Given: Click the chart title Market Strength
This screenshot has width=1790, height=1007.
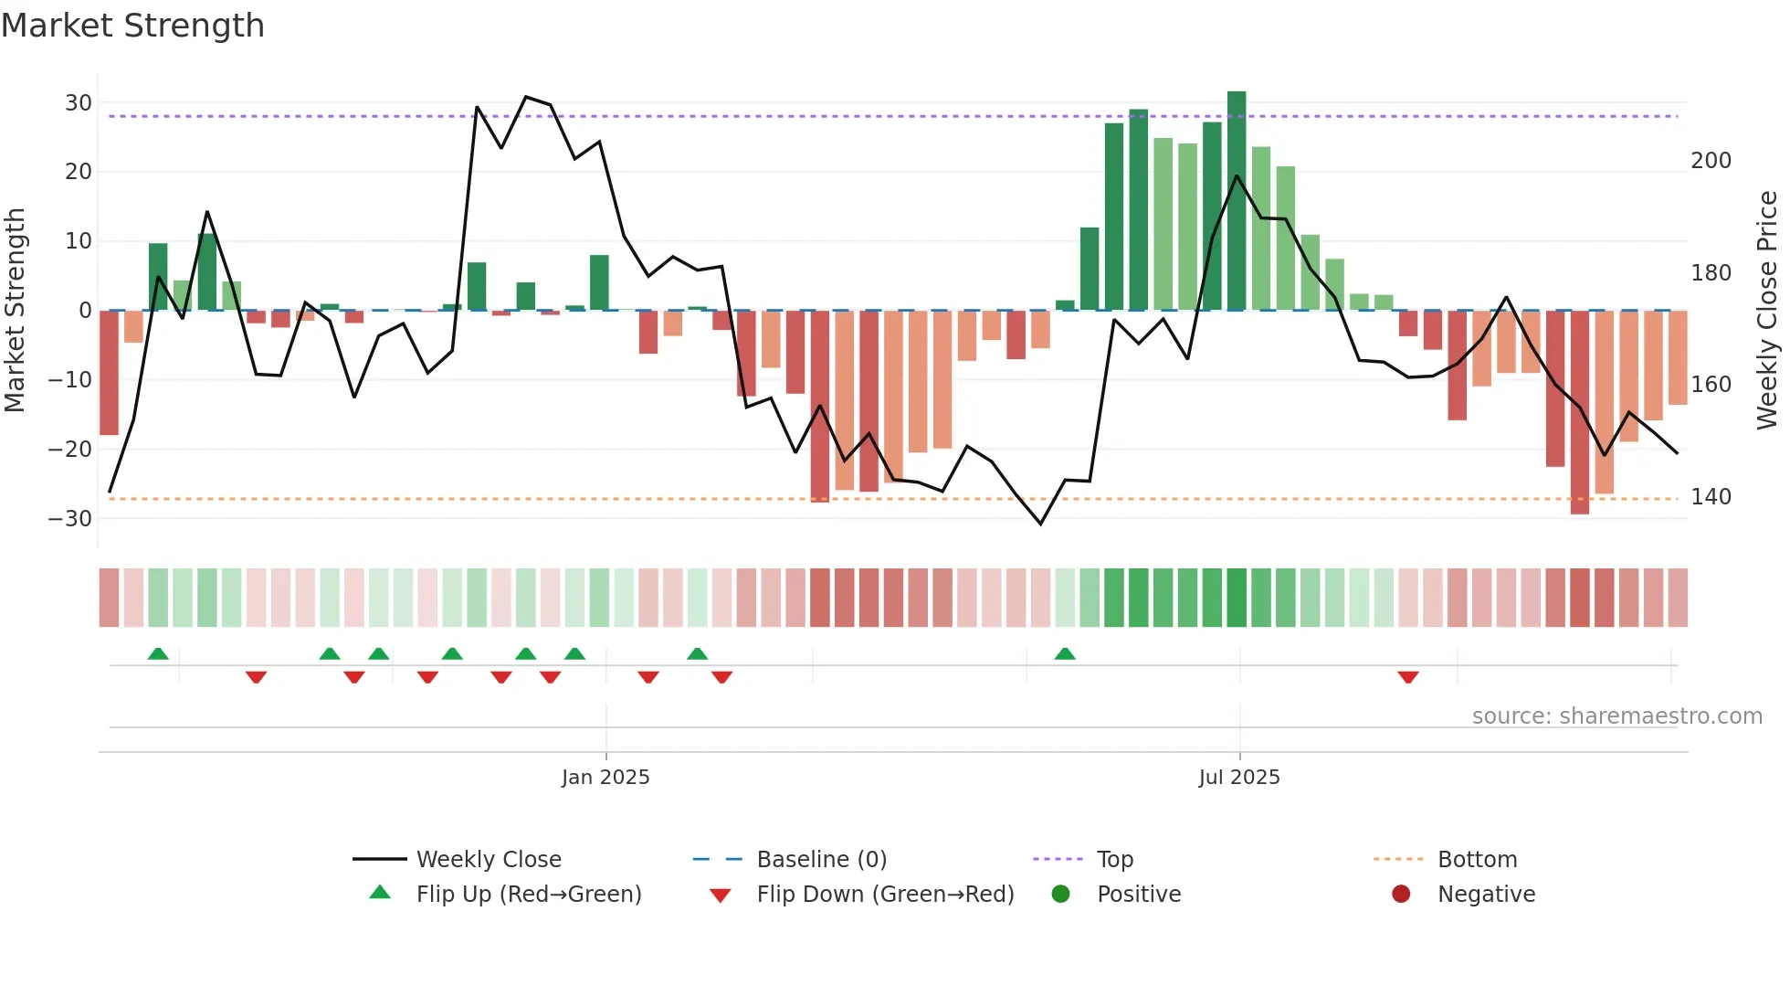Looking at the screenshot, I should click(132, 26).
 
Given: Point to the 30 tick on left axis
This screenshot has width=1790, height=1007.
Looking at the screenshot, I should click(79, 103).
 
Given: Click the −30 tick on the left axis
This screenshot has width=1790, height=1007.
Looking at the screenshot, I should click(70, 519).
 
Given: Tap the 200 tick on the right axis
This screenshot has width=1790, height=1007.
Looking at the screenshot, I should click(1711, 161).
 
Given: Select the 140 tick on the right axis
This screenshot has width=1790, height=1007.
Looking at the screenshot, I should click(1711, 497).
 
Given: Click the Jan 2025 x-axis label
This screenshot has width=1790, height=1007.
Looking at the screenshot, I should click(605, 778).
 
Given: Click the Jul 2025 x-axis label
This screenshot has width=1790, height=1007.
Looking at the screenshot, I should click(1239, 778).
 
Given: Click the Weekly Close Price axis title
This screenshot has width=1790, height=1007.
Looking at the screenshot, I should click(1767, 311).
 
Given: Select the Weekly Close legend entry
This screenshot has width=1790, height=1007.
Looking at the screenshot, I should click(489, 860).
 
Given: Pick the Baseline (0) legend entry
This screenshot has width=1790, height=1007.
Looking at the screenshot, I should click(821, 860).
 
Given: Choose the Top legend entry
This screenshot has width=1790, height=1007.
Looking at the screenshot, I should click(1114, 860).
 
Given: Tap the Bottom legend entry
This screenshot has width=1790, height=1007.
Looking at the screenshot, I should click(1477, 860).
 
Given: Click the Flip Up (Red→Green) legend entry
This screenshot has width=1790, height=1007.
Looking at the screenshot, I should click(529, 895).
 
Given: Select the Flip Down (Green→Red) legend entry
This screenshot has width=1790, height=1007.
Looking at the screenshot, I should click(885, 895).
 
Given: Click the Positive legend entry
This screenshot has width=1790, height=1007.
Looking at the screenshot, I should click(1138, 895).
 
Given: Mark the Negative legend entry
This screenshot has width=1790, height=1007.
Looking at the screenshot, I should click(1486, 895).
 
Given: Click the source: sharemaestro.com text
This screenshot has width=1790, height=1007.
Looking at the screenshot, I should click(1616, 716).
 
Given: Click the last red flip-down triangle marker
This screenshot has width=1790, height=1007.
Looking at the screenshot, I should click(1408, 677).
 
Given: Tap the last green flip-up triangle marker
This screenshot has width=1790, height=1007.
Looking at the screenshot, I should click(1065, 653).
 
